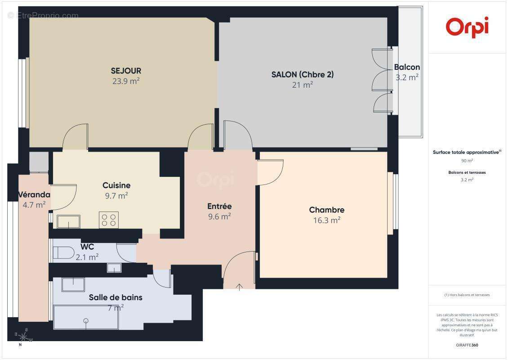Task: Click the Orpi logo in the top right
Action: tap(467, 27)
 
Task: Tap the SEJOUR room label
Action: tap(126, 71)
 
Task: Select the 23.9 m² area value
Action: tap(126, 81)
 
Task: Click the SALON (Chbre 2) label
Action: tap(302, 75)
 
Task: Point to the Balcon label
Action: tap(407, 67)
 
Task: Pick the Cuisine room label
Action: tap(116, 185)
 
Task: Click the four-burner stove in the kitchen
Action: tap(109, 220)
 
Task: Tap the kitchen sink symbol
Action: tap(69, 221)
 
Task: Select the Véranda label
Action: tap(34, 195)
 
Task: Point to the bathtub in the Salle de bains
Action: tap(85, 317)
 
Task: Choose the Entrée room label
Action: tap(219, 207)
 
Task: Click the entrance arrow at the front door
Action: tap(239, 287)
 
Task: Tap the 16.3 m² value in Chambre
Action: tap(326, 220)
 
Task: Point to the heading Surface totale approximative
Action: tap(466, 153)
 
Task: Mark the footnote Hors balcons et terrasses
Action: tap(467, 295)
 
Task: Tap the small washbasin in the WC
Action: tap(114, 268)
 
